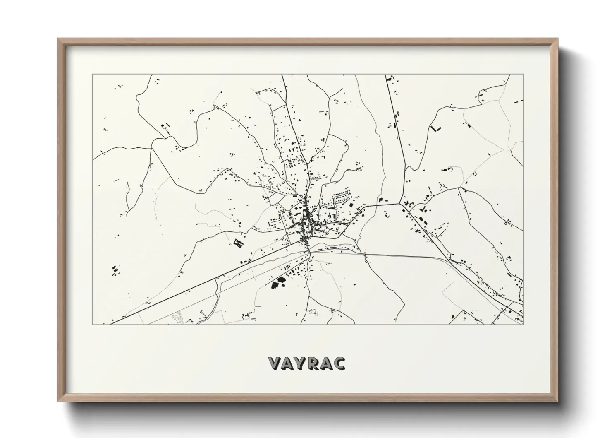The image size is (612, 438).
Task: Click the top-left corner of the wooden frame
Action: tap(58, 39)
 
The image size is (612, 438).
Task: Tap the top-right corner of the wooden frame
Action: tap(558, 39)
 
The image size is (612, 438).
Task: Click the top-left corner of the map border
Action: tap(92, 75)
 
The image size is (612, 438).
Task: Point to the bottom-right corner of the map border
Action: tap(524, 324)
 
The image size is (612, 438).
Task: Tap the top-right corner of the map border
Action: tap(524, 75)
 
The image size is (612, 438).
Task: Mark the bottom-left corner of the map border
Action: tap(92, 324)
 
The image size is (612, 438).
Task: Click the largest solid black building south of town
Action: tap(274, 285)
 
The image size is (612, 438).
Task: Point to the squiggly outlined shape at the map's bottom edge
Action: tap(179, 318)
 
